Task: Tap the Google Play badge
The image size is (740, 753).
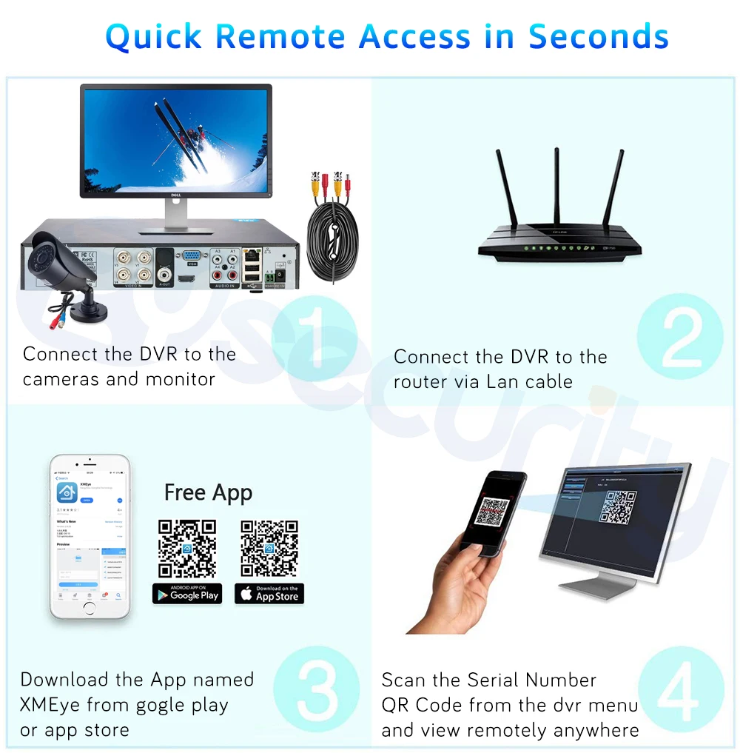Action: pos(187,594)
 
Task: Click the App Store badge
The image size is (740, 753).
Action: pos(269,594)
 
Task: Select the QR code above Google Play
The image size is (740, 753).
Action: pos(187,548)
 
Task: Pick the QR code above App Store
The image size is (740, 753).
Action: pos(269,548)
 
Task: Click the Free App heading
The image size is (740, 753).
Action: pos(208,492)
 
